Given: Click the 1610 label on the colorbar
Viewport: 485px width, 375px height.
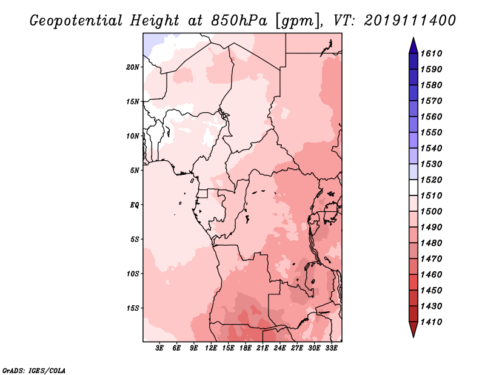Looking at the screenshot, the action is [x=431, y=53].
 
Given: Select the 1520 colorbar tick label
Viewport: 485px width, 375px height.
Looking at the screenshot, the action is [x=431, y=180].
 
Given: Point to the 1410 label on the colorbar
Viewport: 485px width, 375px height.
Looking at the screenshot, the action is [x=431, y=322].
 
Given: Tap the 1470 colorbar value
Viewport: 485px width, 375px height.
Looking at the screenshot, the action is [x=431, y=259].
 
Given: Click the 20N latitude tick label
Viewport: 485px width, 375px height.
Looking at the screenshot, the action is [x=133, y=67].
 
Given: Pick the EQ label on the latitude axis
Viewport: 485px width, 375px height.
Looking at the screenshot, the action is [x=135, y=205].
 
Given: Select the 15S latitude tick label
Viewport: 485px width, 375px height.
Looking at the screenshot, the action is [x=133, y=308].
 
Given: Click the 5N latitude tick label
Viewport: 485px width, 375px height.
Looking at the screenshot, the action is [x=135, y=171].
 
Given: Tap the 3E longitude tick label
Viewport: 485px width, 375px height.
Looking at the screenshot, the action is [x=159, y=348].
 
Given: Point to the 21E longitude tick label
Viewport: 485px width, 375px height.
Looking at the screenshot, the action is [x=263, y=348].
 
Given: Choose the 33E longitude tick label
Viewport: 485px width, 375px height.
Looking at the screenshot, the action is [x=331, y=348].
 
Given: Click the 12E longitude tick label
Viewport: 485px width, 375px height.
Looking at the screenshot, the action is [x=210, y=348].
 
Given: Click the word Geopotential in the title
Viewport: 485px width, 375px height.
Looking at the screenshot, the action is [x=76, y=21].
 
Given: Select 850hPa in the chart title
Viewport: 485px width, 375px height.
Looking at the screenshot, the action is [x=239, y=21].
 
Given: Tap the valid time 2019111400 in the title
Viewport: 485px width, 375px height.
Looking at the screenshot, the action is [x=410, y=21].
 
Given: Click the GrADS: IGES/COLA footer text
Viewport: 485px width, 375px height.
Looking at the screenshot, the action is [x=34, y=371].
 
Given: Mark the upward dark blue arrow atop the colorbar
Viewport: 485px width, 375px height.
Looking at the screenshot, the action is [x=413, y=46].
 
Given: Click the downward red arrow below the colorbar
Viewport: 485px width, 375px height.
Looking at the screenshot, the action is [x=413, y=329].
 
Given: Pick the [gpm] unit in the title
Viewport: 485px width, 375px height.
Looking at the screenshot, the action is [x=297, y=21].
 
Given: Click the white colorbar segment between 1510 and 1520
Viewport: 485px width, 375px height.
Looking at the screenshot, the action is [x=413, y=187].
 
